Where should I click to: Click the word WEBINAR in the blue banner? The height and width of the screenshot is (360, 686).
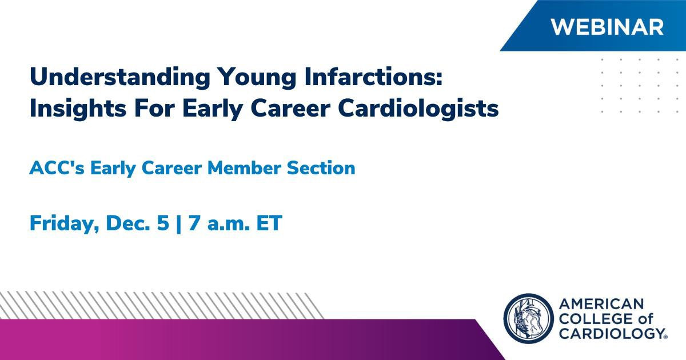(x=607, y=27)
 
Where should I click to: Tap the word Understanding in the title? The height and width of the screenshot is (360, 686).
(x=120, y=77)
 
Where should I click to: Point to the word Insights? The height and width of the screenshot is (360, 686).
(x=78, y=109)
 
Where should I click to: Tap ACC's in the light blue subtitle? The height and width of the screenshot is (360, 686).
(x=57, y=168)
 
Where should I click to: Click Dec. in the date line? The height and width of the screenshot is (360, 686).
(x=128, y=223)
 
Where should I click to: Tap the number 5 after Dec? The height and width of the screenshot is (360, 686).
(x=163, y=223)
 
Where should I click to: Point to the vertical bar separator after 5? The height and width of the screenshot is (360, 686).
(x=179, y=224)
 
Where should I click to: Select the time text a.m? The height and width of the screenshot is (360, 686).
(x=228, y=225)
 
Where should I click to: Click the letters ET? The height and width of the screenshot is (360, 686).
(x=269, y=223)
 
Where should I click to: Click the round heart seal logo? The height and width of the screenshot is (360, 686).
(x=528, y=318)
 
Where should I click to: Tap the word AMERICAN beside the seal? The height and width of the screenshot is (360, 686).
(x=601, y=304)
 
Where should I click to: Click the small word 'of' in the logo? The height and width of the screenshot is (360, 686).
(x=645, y=319)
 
